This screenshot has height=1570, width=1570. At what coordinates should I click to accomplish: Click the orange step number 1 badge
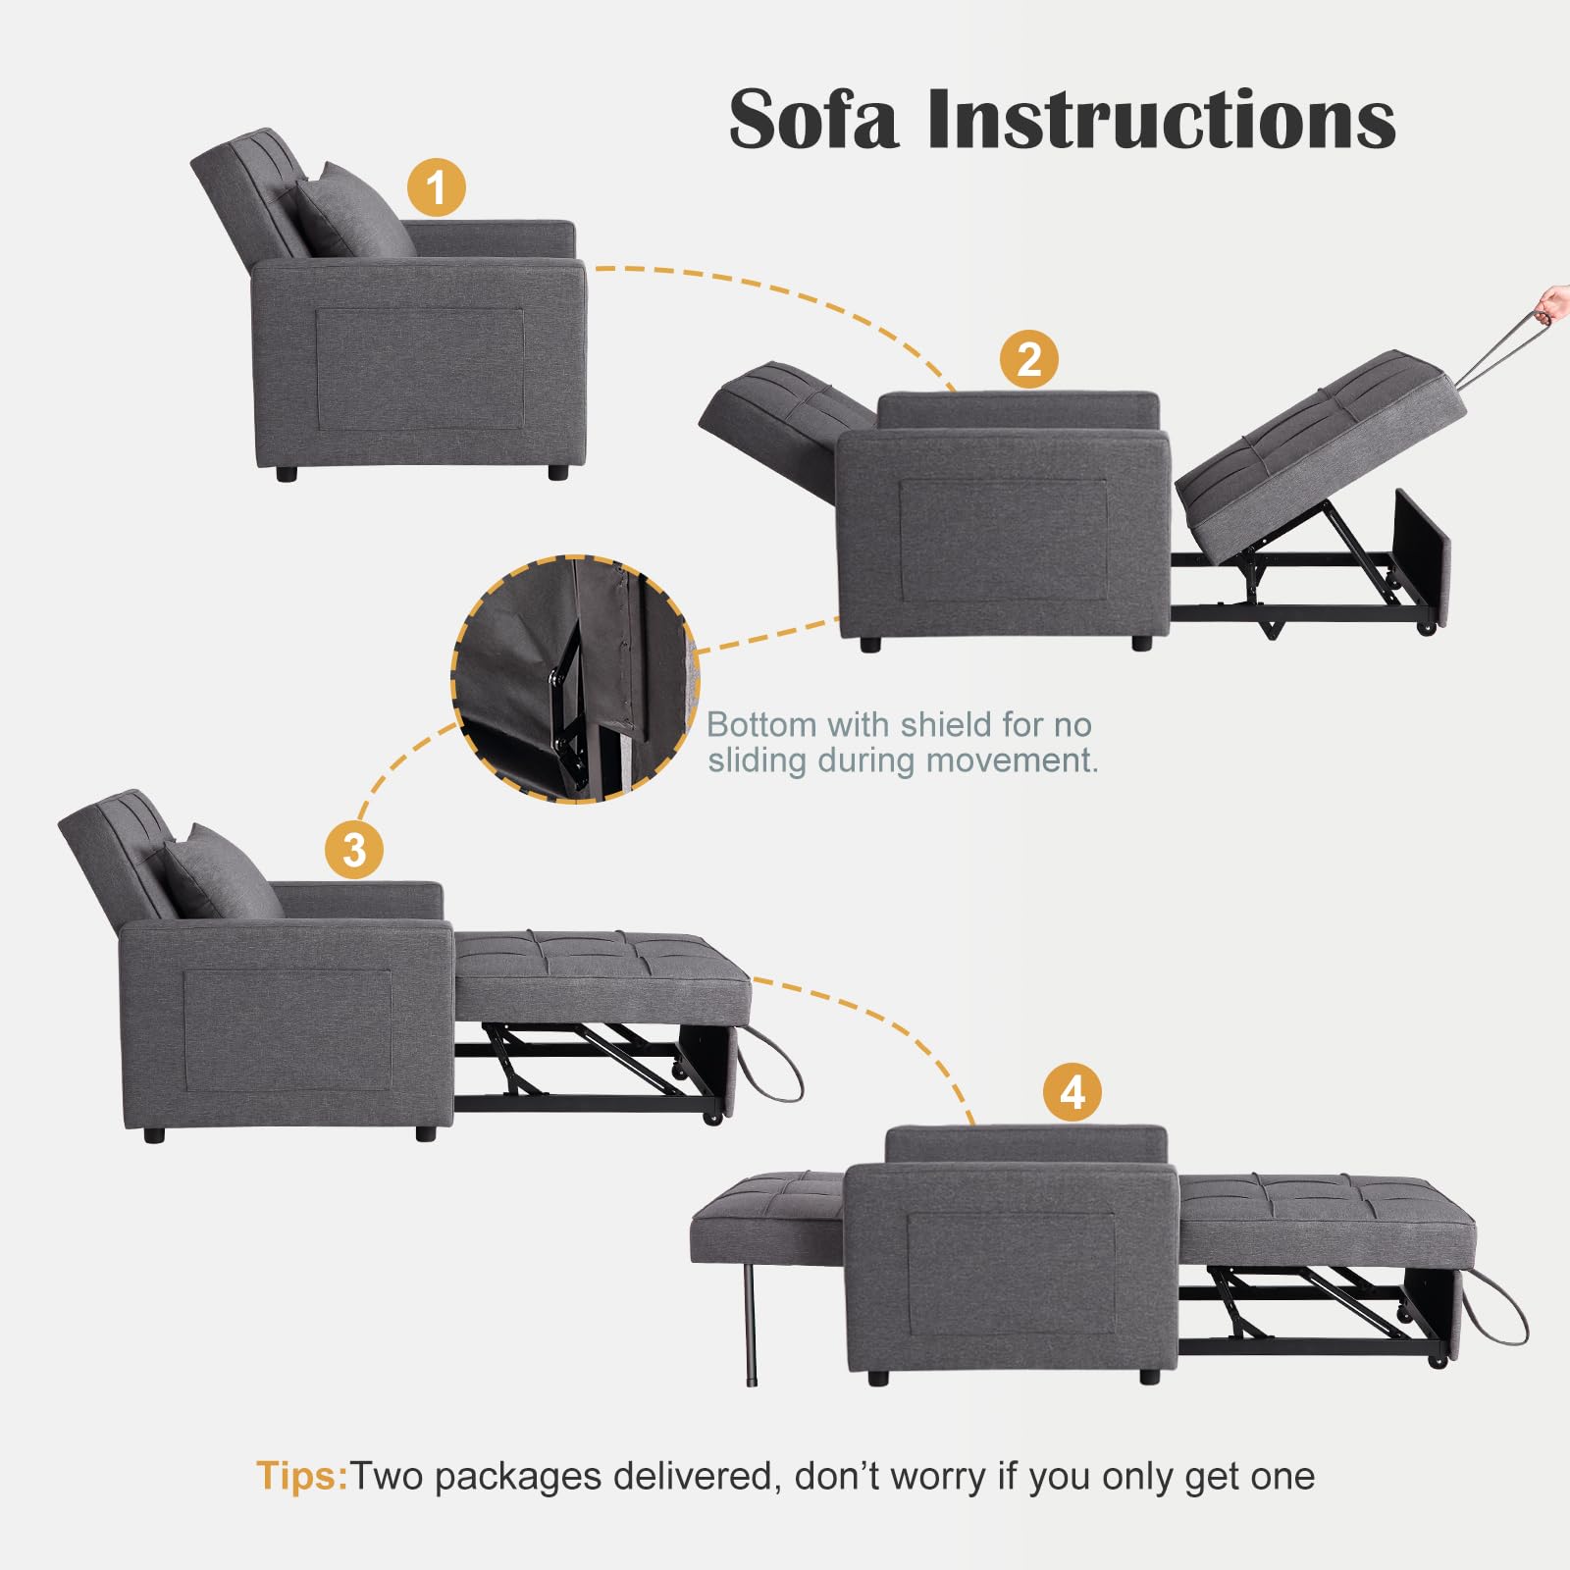pos(437,187)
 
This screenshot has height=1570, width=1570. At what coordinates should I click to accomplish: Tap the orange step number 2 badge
pos(1028,359)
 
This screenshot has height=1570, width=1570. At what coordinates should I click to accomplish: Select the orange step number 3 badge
pos(354,850)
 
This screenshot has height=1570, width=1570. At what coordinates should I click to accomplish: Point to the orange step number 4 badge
pos(1072,1092)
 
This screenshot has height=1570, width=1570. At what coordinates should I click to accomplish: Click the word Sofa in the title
pos(812,119)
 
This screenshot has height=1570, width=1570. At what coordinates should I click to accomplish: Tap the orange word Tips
pos(301,1476)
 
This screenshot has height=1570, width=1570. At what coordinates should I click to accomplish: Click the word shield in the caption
pos(945,724)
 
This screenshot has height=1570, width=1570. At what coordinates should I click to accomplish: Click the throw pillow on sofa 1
pos(353,211)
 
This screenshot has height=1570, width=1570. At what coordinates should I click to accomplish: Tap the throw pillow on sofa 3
pos(221,872)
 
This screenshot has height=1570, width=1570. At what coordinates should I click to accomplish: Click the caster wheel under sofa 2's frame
pos(1427,626)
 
